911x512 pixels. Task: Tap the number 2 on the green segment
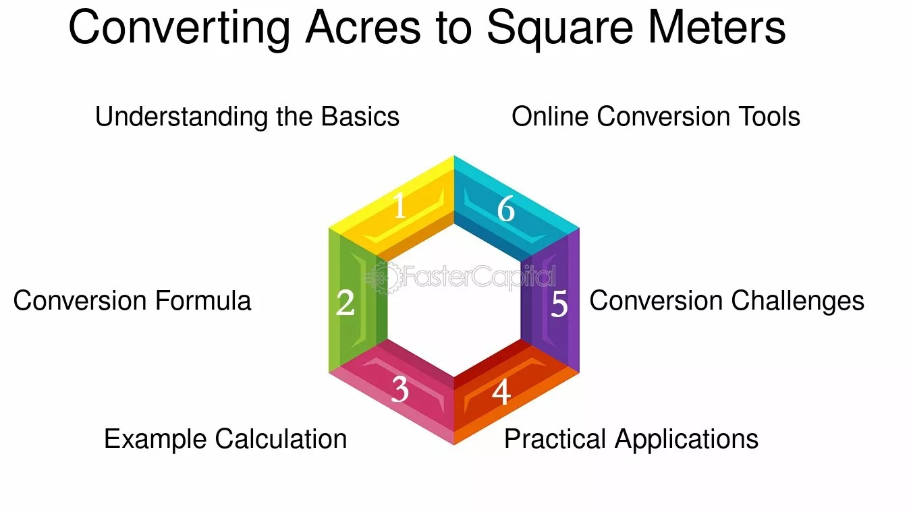346,303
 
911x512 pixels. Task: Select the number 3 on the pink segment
399,389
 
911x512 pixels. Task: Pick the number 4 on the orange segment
501,391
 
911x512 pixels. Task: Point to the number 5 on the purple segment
559,304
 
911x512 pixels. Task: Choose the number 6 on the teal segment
506,208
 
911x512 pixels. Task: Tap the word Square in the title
559,29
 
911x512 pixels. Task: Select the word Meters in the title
717,28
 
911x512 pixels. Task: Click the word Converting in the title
179,29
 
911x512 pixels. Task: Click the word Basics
360,117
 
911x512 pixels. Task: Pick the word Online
550,117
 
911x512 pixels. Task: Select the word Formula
203,301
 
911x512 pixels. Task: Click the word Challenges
798,302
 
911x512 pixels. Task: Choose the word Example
155,440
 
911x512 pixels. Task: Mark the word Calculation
281,439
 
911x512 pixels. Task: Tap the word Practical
555,439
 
